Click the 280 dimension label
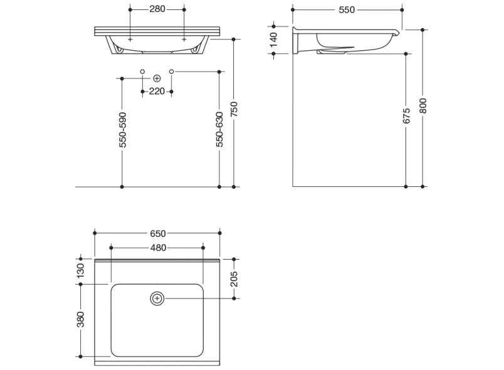(x=157, y=9)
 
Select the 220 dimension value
(x=157, y=92)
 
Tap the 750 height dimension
(x=234, y=109)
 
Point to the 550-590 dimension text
(x=123, y=130)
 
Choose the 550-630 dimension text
(x=219, y=129)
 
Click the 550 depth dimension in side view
(x=347, y=10)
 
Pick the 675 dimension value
(x=407, y=116)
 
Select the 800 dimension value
(x=423, y=106)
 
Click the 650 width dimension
(x=158, y=233)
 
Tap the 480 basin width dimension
(x=159, y=248)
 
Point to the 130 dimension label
(x=80, y=271)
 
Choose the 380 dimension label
(x=80, y=320)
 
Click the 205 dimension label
(x=234, y=278)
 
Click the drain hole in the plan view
(x=157, y=299)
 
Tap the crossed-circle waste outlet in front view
(x=157, y=78)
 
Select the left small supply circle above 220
(x=143, y=71)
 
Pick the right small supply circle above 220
(x=171, y=71)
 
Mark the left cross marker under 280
(x=130, y=40)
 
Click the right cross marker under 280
(x=184, y=40)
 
